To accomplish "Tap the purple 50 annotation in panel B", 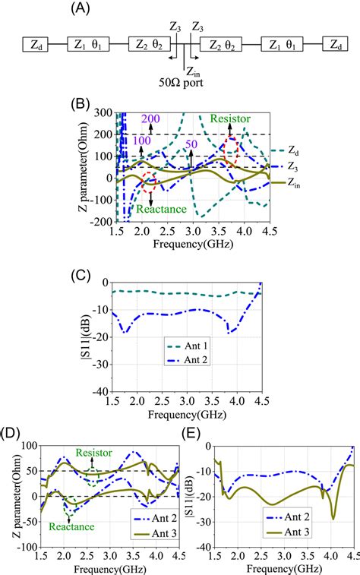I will (x=192, y=144).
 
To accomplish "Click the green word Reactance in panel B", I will (x=162, y=207).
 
